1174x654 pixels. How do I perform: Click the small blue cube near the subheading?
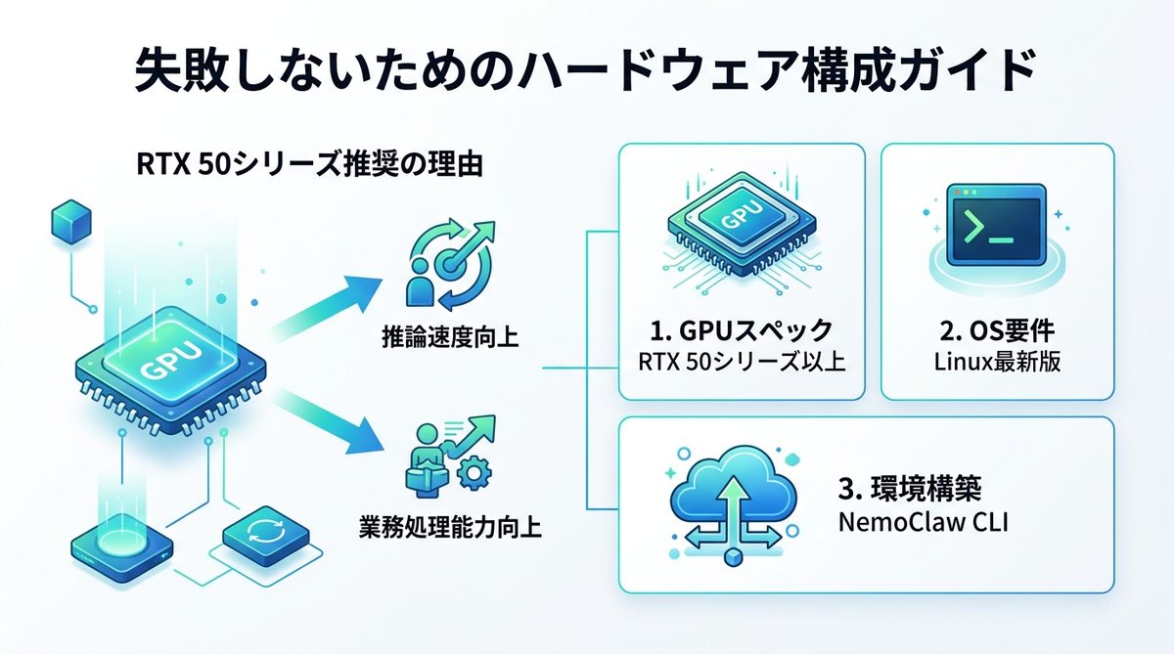68,222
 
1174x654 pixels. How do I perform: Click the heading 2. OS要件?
998,328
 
